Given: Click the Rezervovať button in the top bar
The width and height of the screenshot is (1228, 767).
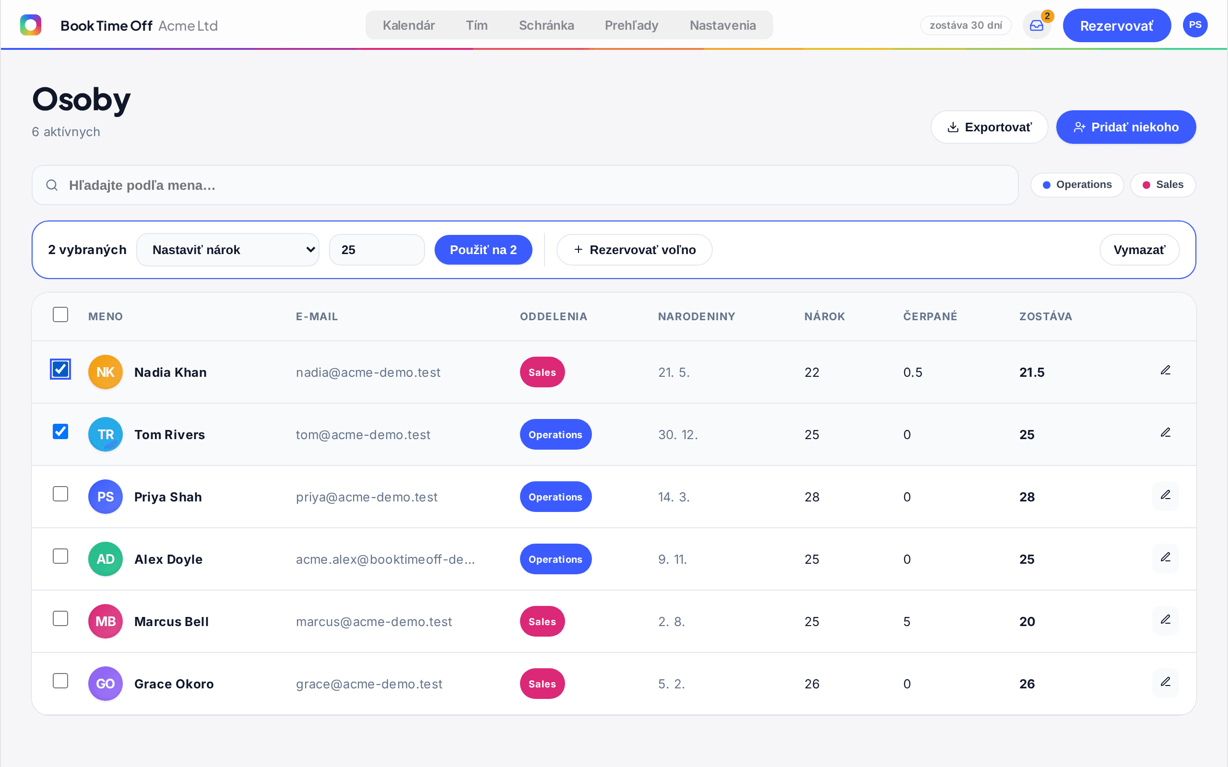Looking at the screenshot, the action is point(1116,25).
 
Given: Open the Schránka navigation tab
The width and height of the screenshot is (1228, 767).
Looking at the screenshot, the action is point(546,25).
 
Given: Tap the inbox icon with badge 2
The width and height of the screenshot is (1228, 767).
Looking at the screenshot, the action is point(1037,25).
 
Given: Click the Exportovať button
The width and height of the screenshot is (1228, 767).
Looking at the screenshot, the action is point(989,127).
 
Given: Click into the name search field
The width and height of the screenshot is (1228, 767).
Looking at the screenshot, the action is point(525,185).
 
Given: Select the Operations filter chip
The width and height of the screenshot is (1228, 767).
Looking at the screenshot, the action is point(1077,185).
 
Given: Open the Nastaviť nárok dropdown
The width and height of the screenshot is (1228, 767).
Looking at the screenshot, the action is point(228,250).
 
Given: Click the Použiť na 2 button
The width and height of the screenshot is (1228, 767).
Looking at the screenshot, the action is point(483,250).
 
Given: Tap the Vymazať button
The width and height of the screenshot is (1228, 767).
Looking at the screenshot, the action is point(1139,250).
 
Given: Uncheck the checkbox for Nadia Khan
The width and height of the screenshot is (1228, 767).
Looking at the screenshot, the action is point(60,369).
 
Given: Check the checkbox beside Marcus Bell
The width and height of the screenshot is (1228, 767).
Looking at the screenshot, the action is point(60,618).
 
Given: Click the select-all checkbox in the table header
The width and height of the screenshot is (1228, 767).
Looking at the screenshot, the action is point(60,314).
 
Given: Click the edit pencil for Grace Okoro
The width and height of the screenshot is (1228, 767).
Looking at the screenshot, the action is point(1166,682).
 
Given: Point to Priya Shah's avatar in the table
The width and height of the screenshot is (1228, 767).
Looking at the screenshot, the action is point(106,497).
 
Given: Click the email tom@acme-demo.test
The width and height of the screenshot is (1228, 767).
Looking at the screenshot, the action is point(363,435).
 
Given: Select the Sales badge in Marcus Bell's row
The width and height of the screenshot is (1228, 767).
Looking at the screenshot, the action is point(542,621).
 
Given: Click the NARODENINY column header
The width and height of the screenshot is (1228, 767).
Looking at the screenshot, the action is point(696,316).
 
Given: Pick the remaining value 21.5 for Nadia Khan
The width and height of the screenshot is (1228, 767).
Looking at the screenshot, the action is point(1032,372).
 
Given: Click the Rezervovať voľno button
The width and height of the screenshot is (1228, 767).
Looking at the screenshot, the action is point(634,250).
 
